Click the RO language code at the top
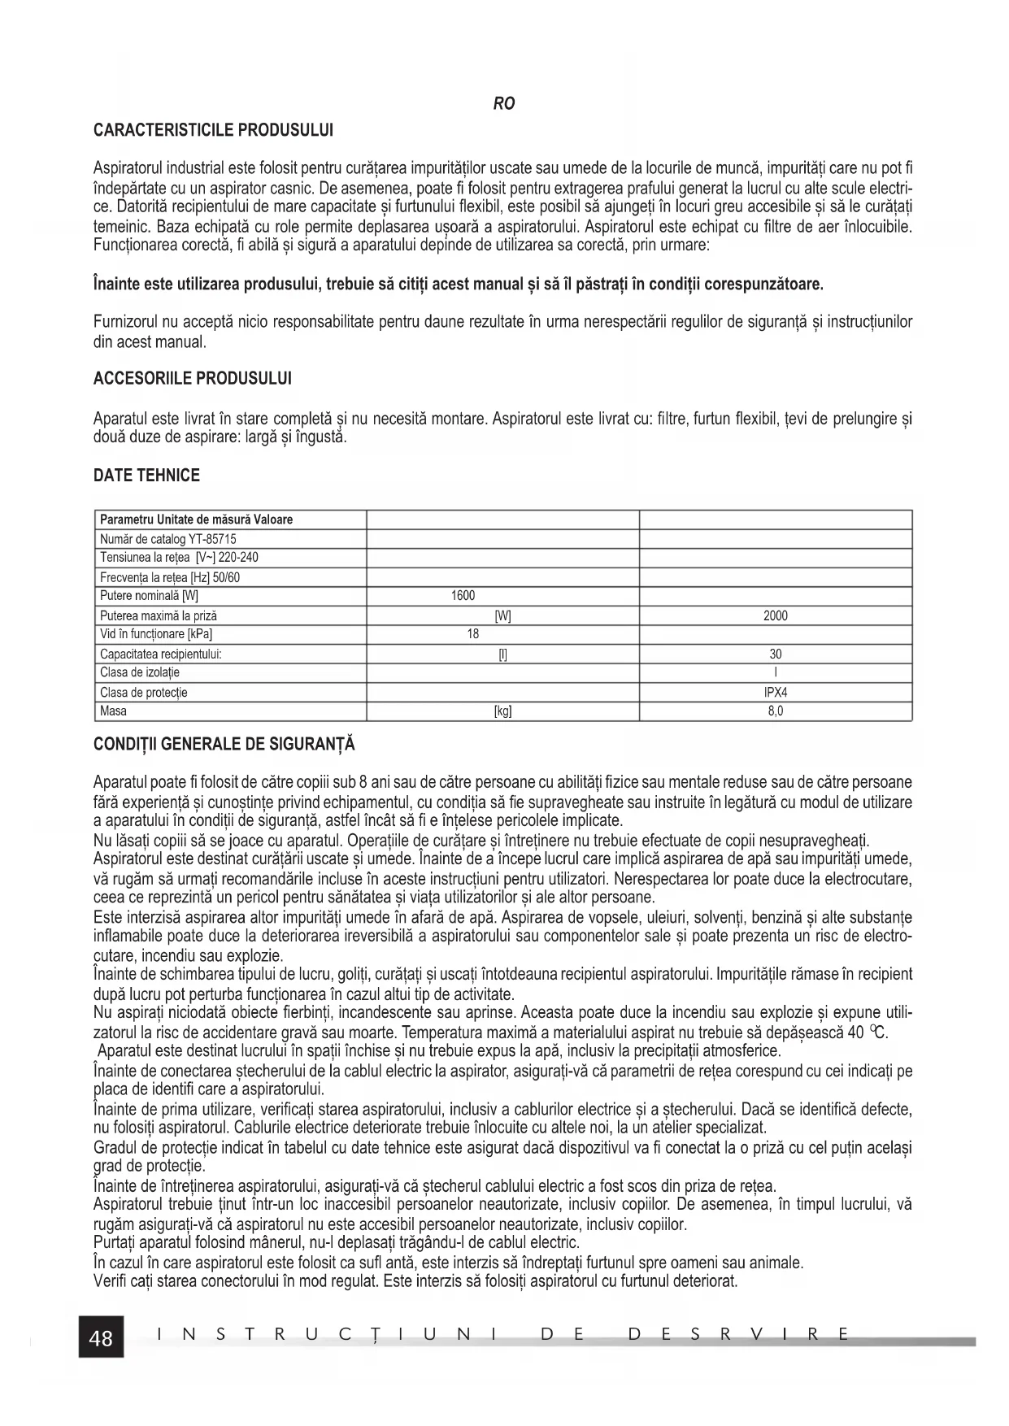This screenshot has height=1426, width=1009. [x=504, y=104]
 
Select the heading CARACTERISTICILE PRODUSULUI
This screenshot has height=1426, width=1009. [x=214, y=130]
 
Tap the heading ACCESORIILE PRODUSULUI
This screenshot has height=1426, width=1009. [x=193, y=379]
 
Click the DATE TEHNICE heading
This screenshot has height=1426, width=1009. [x=146, y=476]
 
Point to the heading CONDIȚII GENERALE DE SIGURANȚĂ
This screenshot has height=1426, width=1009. [x=224, y=744]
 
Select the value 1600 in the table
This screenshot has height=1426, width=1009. [x=463, y=596]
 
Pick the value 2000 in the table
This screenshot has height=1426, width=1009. [x=775, y=616]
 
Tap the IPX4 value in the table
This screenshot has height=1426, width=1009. [x=776, y=693]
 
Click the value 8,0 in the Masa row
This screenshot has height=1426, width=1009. [x=776, y=711]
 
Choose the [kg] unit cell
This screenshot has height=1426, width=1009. [x=503, y=711]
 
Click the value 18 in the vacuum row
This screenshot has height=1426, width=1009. [x=472, y=634]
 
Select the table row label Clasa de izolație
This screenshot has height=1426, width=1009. [x=140, y=673]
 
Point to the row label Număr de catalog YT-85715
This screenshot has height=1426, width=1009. [x=168, y=539]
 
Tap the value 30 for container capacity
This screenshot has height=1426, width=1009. [x=776, y=654]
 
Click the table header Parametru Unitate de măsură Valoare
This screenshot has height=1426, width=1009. [x=196, y=520]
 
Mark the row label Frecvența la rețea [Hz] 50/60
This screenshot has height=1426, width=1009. [x=170, y=577]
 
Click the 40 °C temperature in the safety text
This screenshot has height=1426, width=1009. [x=868, y=1033]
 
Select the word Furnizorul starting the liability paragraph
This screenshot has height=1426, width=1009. [x=123, y=322]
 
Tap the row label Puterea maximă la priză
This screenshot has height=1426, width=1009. [x=159, y=616]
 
